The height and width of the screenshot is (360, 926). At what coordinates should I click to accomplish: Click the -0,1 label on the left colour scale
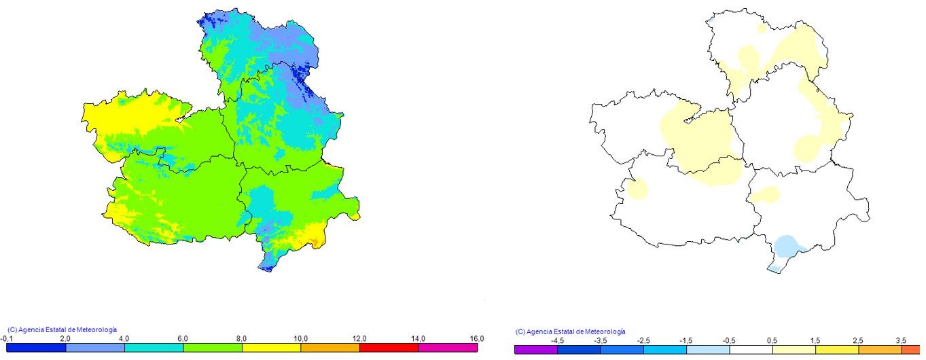click(x=6, y=338)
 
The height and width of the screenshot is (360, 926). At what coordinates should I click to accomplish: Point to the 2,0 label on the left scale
click(x=65, y=338)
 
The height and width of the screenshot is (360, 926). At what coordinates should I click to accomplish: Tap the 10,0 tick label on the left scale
click(x=301, y=338)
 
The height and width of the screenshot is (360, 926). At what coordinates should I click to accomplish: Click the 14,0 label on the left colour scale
click(x=419, y=338)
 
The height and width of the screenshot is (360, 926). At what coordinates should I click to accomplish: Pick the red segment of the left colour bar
click(x=389, y=348)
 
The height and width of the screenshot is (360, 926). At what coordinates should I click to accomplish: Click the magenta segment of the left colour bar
click(x=448, y=348)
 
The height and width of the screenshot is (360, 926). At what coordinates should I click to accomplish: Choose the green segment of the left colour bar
click(x=213, y=348)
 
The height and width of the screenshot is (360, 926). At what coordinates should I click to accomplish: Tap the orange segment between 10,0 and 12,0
click(x=330, y=348)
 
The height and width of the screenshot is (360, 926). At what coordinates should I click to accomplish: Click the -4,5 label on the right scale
click(x=557, y=340)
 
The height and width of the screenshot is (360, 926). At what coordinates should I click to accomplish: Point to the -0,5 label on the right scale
click(x=729, y=340)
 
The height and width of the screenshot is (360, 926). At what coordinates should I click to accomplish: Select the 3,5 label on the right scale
click(x=901, y=340)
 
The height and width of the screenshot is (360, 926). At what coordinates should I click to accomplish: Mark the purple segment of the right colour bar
click(x=536, y=350)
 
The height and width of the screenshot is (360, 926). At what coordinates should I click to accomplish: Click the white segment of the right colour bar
click(x=751, y=350)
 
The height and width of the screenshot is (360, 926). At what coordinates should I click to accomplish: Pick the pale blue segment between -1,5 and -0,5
click(x=708, y=350)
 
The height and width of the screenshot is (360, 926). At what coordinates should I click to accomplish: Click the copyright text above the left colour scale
click(x=62, y=329)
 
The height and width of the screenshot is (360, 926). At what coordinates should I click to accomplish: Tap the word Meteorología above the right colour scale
click(x=603, y=331)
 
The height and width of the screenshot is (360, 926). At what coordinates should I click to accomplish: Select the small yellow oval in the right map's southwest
click(x=638, y=188)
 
